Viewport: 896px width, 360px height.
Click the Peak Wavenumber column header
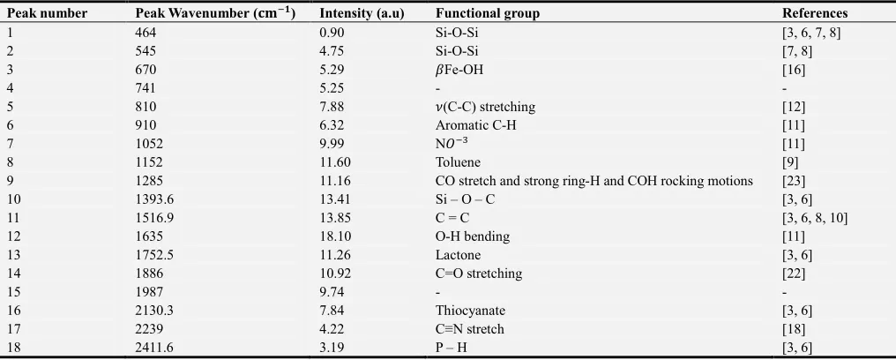pyautogui.click(x=215, y=13)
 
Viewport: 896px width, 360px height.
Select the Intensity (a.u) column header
pyautogui.click(x=362, y=13)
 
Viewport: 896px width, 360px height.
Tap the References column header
pyautogui.click(x=815, y=13)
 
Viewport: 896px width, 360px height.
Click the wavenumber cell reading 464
pyautogui.click(x=146, y=34)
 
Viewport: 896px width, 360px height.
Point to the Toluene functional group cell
pyautogui.click(x=455, y=162)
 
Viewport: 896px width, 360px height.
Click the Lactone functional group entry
pyautogui.click(x=458, y=255)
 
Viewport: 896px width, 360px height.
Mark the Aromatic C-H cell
pyautogui.click(x=475, y=125)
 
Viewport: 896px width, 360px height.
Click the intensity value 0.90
pyautogui.click(x=332, y=34)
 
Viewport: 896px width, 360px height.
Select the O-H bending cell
pyautogui.click(x=473, y=236)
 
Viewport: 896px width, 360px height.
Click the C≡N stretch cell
pyautogui.click(x=470, y=329)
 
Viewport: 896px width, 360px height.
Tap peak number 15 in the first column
pyautogui.click(x=13, y=292)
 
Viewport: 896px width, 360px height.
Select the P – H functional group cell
pyautogui.click(x=451, y=348)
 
